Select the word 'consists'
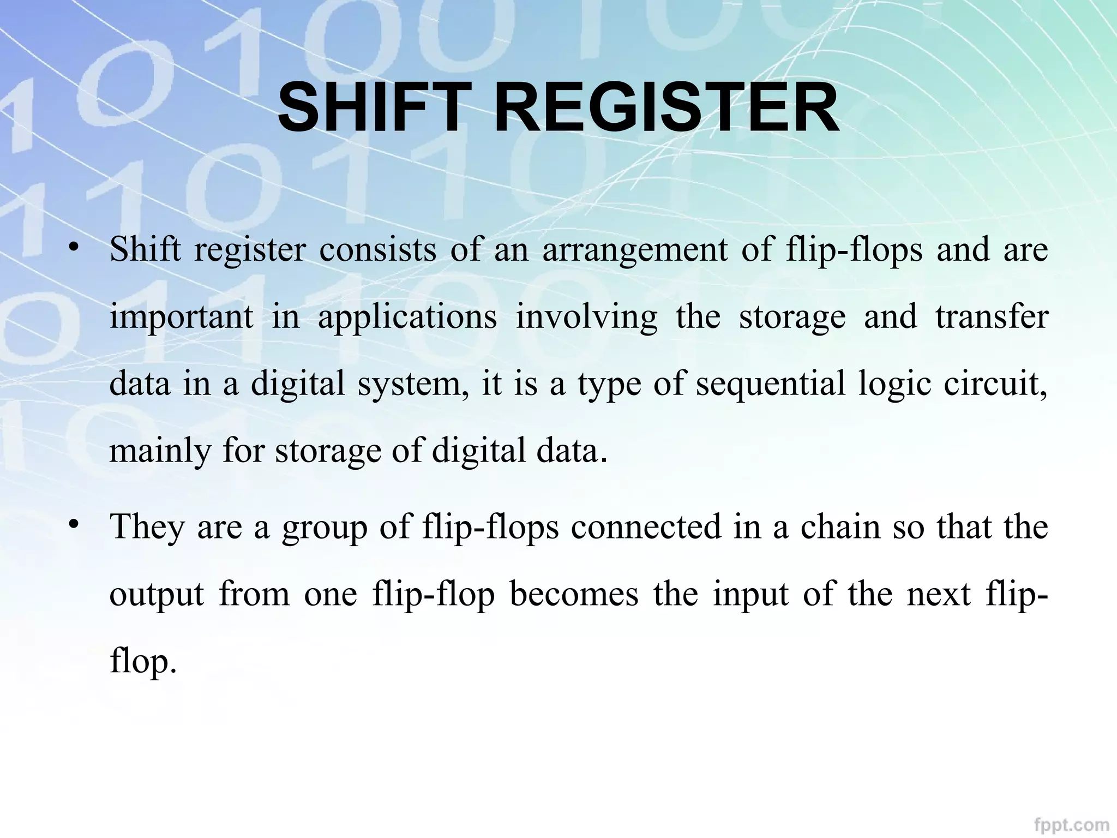point(377,250)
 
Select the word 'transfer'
point(992,316)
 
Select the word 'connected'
point(646,527)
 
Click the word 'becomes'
point(574,594)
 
